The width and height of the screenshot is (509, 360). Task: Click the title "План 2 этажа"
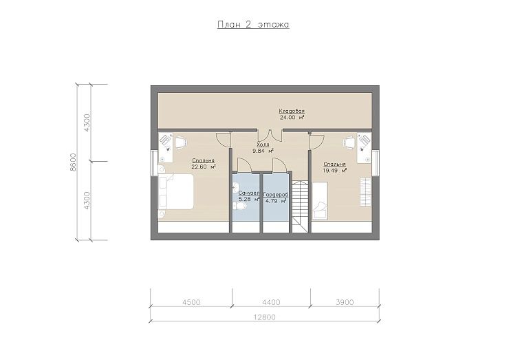pyautogui.click(x=253, y=25)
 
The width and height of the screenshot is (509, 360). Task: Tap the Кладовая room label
pyautogui.click(x=292, y=112)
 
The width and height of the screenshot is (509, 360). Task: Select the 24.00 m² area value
pyautogui.click(x=292, y=118)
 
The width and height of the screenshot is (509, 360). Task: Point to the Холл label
pyautogui.click(x=263, y=145)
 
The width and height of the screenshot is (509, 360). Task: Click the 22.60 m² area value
pyautogui.click(x=204, y=167)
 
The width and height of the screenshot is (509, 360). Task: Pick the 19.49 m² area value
pyautogui.click(x=335, y=170)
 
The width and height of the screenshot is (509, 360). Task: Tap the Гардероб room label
pyautogui.click(x=276, y=195)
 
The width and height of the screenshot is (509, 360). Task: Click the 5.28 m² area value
pyautogui.click(x=249, y=199)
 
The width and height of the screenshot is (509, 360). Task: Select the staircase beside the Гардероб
pyautogui.click(x=301, y=207)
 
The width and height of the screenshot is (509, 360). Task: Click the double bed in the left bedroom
pyautogui.click(x=175, y=191)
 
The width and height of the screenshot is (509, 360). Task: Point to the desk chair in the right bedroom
pyautogui.click(x=350, y=142)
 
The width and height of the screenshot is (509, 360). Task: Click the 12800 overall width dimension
pyautogui.click(x=264, y=317)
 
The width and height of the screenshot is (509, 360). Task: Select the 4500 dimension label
pyautogui.click(x=191, y=302)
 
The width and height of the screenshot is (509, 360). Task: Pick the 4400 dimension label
pyautogui.click(x=271, y=302)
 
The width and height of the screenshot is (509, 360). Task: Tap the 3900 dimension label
pyautogui.click(x=345, y=302)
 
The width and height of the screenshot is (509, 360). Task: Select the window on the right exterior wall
pyautogui.click(x=376, y=163)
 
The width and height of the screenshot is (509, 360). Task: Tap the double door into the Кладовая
pyautogui.click(x=270, y=135)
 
